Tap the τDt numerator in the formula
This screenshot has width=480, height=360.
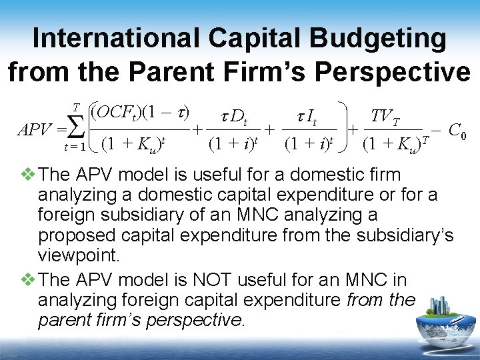tap(234, 119)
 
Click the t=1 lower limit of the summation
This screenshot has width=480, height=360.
tap(75, 147)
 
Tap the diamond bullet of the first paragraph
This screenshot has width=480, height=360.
tap(28, 175)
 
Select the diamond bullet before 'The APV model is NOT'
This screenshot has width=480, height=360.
tap(28, 279)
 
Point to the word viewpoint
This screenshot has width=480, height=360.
tap(78, 257)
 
